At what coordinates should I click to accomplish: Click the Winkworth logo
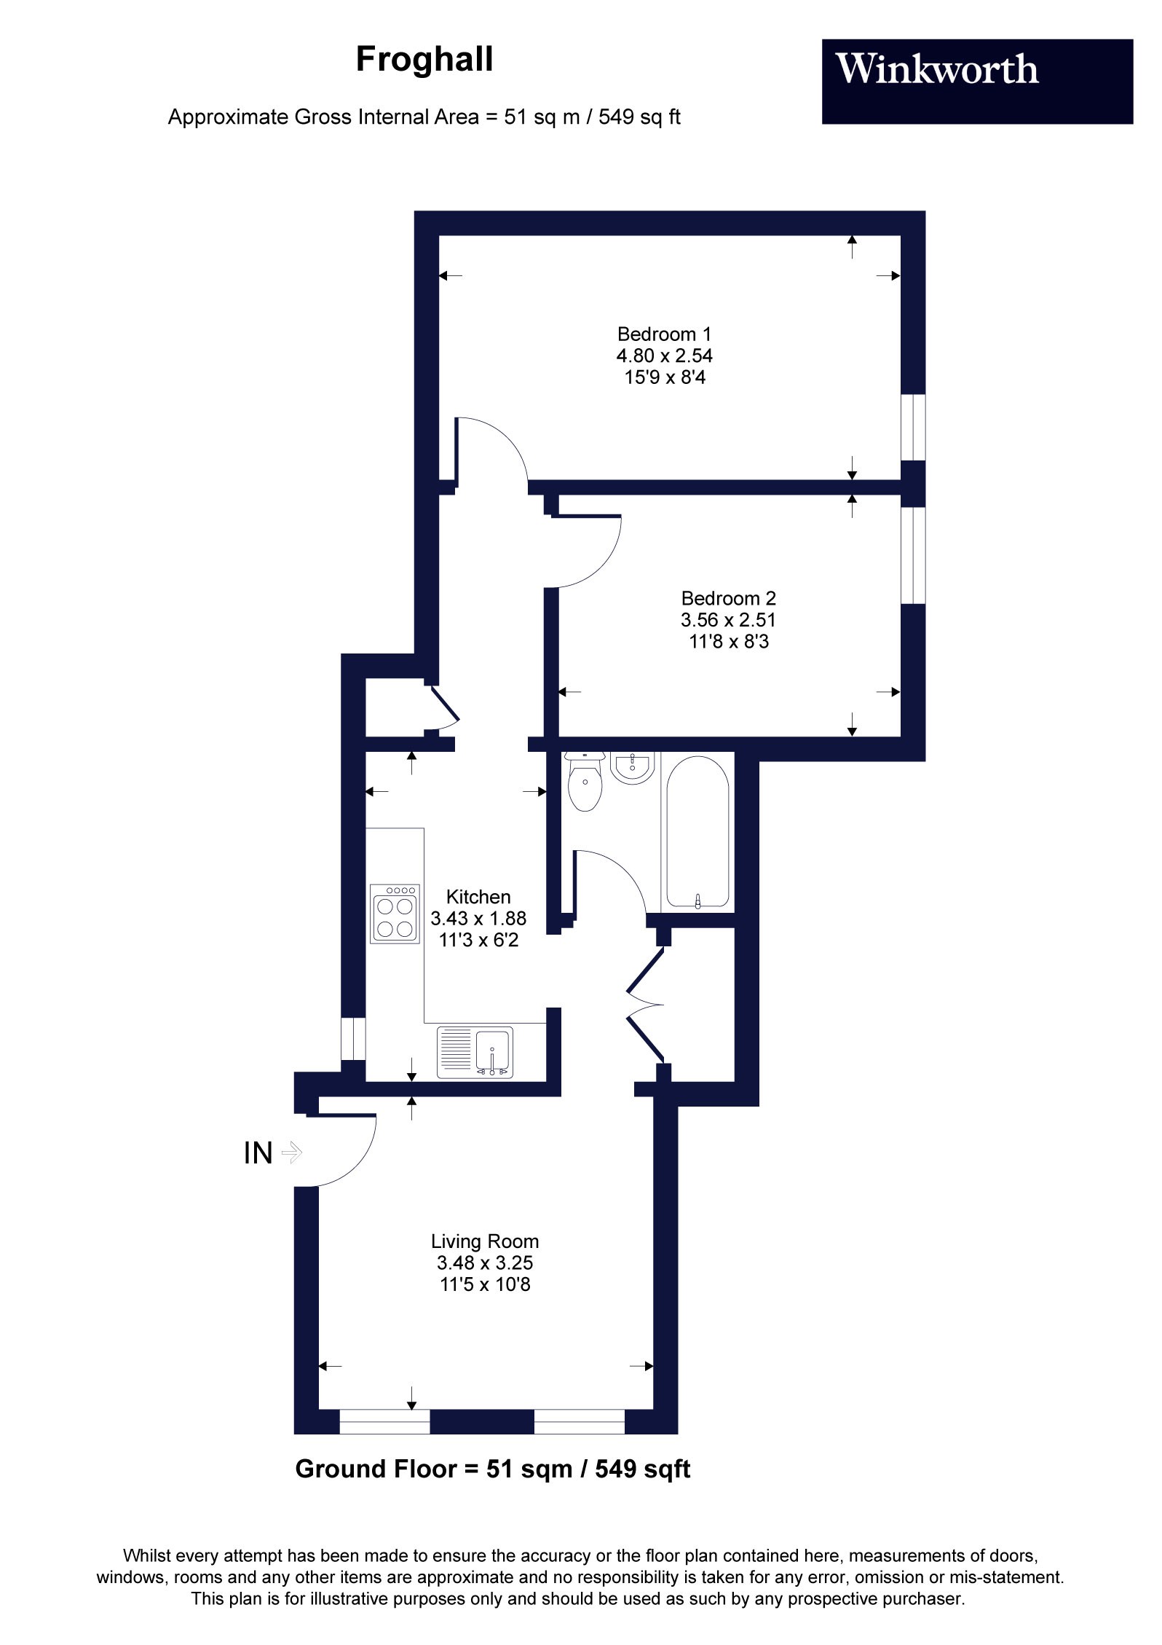point(938,71)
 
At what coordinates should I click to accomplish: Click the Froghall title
point(424,60)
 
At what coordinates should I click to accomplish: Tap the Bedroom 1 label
point(664,334)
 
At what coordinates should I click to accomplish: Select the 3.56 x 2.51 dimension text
point(728,620)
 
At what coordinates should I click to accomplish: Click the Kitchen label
point(478,897)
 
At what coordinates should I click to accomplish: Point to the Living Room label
point(485,1241)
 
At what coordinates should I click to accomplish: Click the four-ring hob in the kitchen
point(395,914)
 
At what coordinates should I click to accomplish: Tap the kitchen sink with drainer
point(475,1052)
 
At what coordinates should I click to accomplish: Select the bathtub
point(697,832)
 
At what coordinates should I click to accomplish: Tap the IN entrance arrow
point(291,1153)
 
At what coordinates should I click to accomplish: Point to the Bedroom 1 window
point(913,428)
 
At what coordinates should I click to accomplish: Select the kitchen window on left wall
point(353,1039)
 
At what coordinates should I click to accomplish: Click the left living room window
point(384,1421)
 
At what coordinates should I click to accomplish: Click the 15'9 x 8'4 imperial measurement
point(664,377)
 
